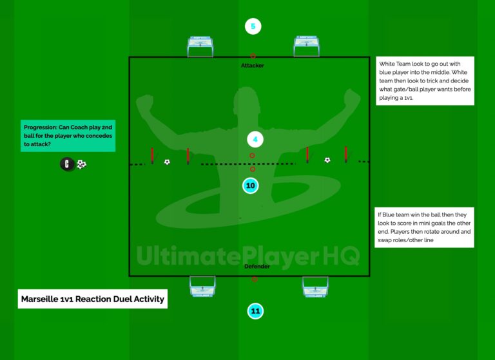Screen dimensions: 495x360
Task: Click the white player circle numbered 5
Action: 253,26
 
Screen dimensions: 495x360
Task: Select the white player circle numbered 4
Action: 255,140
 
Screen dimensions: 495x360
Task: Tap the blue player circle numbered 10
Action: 250,185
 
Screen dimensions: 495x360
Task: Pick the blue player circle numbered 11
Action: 255,311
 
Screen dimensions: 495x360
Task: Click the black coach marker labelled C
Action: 67,164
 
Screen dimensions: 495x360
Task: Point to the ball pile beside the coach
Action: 81,164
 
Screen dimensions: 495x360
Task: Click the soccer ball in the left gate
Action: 167,162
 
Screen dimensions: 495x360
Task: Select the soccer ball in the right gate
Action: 327,160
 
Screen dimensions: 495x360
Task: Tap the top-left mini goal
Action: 200,47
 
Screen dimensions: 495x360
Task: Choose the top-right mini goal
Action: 306,46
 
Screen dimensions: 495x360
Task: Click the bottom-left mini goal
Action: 202,287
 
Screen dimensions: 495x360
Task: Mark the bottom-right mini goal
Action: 315,287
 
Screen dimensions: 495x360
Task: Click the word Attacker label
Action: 252,66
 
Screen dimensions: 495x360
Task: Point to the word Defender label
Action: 257,266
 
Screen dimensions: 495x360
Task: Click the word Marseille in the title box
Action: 40,299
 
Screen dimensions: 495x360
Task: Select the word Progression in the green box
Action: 41,128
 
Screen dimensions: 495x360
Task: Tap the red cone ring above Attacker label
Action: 253,56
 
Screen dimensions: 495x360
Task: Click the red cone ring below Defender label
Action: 255,279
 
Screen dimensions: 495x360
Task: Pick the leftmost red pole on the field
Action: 152,156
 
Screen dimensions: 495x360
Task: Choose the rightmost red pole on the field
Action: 346,155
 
